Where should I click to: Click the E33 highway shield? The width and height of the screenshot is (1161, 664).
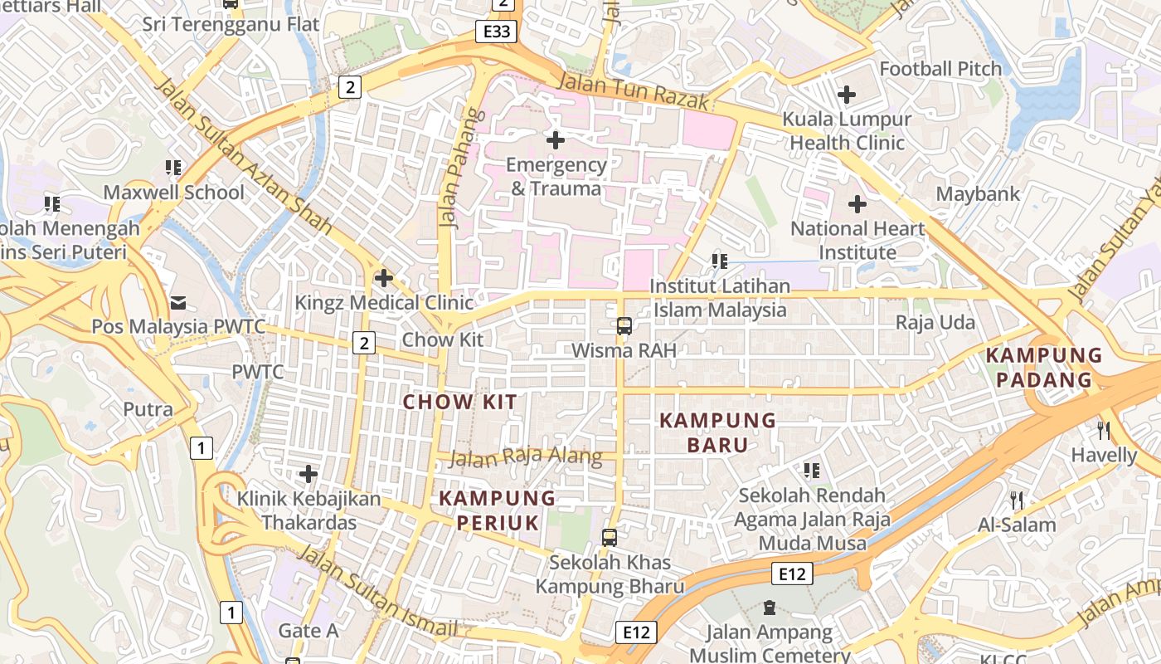pyautogui.click(x=497, y=32)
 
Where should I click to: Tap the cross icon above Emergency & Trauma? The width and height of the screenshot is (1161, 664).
pyautogui.click(x=556, y=140)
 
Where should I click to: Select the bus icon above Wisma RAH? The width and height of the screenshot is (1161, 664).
pyautogui.click(x=624, y=326)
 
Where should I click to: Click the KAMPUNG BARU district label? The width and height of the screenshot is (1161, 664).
pyautogui.click(x=717, y=432)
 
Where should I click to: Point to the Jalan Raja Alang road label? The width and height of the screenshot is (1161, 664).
pyautogui.click(x=525, y=457)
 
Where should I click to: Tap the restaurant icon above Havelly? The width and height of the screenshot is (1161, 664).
pyautogui.click(x=1103, y=430)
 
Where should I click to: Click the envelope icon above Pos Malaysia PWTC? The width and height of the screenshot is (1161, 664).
pyautogui.click(x=178, y=302)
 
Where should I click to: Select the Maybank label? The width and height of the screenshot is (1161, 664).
pyautogui.click(x=978, y=194)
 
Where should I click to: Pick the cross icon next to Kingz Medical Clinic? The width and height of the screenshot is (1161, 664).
pyautogui.click(x=383, y=278)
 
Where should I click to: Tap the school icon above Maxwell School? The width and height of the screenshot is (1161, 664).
pyautogui.click(x=173, y=168)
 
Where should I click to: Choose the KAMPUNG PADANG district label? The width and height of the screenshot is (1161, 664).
pyautogui.click(x=1043, y=368)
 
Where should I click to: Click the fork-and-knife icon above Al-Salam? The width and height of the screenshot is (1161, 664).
pyautogui.click(x=1017, y=500)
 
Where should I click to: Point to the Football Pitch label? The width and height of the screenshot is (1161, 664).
pyautogui.click(x=940, y=69)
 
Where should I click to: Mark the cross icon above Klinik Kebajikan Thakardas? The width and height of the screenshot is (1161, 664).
pyautogui.click(x=308, y=474)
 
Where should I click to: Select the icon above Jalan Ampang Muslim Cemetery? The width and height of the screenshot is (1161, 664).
pyautogui.click(x=769, y=608)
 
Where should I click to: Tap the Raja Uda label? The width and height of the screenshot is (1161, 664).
pyautogui.click(x=935, y=322)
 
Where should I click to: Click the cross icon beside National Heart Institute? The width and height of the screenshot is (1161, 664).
pyautogui.click(x=857, y=203)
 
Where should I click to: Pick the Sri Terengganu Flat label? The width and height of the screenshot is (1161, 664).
pyautogui.click(x=231, y=24)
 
